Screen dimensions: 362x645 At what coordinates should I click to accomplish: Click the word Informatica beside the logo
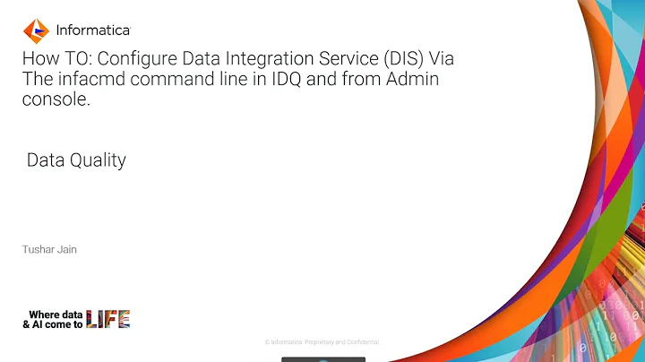[x=93, y=30]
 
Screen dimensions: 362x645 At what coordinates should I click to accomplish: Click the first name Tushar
[x=38, y=249]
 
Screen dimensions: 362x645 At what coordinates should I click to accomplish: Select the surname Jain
[x=66, y=249]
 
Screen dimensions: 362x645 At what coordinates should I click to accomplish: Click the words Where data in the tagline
[x=56, y=315]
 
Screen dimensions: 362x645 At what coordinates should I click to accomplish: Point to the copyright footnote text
[x=322, y=342]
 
